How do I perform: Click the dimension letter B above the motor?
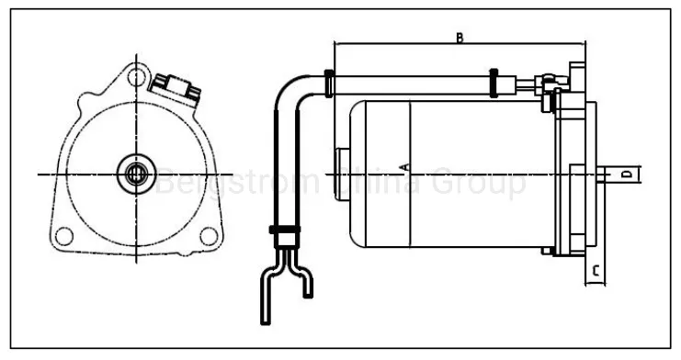coord(459,38)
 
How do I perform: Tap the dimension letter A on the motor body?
coord(404,166)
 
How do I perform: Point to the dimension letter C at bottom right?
coord(596,272)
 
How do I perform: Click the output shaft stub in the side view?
coord(620,174)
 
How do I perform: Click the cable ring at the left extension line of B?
coord(330,82)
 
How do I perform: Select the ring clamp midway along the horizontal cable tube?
coord(494,82)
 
